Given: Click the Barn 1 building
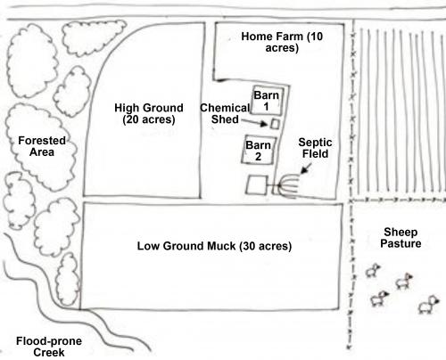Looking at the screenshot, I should [264, 100].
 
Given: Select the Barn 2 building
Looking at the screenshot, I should [259, 149].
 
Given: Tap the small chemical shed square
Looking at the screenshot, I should [276, 123].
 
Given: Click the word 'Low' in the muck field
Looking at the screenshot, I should [149, 245].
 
